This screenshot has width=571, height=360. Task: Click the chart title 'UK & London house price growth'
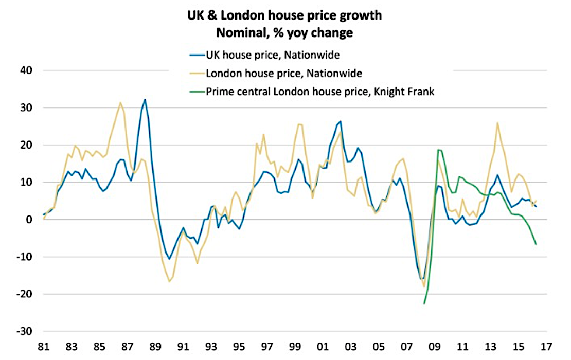coord(284,15)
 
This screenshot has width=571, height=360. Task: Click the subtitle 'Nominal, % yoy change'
coord(284,33)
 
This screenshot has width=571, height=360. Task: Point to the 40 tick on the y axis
coord(25,70)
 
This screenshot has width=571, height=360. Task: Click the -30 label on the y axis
coord(23,332)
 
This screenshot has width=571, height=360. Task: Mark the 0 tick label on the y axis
coord(28,220)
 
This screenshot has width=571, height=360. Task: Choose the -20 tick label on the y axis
coord(23,294)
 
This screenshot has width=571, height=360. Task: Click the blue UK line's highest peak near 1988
coord(145,99)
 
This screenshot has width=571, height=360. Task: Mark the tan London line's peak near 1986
coord(120,102)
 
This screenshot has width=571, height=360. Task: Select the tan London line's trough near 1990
coord(169,281)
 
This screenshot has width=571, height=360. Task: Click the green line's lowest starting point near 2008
coord(424,304)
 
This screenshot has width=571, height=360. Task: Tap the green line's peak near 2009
coord(438,150)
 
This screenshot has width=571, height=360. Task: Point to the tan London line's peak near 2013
coord(497,123)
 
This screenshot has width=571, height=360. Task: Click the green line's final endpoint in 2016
coord(536,244)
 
